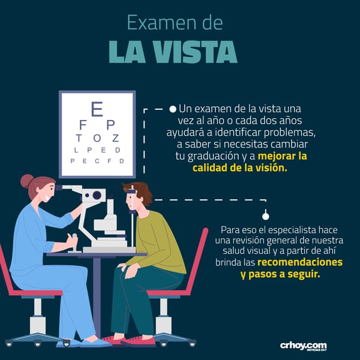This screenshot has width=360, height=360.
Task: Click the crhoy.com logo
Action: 303,346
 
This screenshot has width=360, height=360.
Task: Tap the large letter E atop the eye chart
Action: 97,109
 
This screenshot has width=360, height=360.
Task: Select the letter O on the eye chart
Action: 97,138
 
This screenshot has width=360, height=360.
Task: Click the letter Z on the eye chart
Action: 115,138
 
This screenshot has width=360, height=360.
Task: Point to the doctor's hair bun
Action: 27,181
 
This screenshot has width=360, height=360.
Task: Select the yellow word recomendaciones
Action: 300,262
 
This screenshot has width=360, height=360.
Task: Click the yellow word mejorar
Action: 277,156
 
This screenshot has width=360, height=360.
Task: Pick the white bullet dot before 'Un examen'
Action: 173,109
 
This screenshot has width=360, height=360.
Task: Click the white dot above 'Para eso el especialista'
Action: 266,216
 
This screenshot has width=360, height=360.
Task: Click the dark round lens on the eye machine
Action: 97,195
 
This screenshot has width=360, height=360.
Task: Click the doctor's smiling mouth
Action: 47,197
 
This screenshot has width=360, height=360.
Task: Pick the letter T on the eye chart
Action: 79,138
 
